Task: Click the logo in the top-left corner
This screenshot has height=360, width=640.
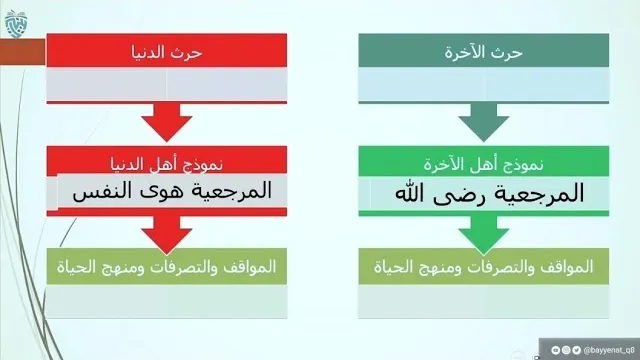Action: pos(16,24)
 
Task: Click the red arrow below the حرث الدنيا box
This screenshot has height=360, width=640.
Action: pos(167,122)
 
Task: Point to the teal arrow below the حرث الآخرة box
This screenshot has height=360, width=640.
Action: pos(483,122)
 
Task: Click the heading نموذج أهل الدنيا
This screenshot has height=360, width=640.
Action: pos(167,164)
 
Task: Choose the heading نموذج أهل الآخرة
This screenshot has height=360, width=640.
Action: pos(483,164)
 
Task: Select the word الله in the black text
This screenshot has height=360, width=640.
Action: pos(410,193)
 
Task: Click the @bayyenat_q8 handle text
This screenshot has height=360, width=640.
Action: pos(609,350)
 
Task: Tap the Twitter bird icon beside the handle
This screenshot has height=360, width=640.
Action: pos(576,350)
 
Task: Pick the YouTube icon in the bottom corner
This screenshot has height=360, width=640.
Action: pos(556,350)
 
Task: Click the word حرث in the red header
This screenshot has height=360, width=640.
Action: pos(188,53)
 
